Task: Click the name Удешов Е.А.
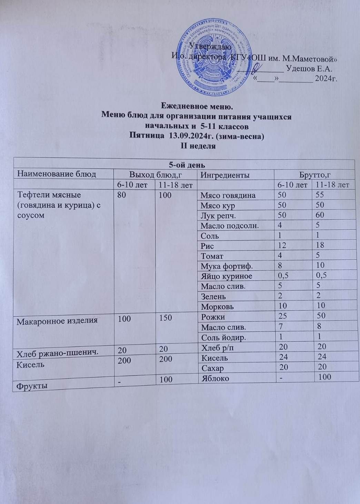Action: (x=309, y=69)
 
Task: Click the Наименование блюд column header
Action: (x=57, y=174)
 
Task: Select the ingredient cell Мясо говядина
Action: (x=228, y=195)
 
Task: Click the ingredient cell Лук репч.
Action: (x=217, y=215)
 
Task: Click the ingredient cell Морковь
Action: (x=217, y=306)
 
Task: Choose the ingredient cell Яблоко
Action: (x=215, y=377)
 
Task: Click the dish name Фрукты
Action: (x=30, y=386)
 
